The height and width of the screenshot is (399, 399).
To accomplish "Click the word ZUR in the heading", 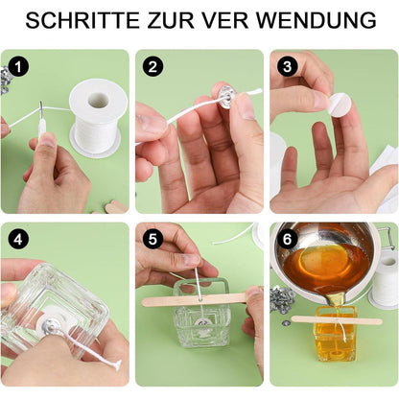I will (x=186, y=20).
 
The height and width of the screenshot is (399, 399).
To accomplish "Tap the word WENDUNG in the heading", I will (x=323, y=20).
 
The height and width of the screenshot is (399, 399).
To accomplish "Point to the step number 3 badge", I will (x=287, y=67).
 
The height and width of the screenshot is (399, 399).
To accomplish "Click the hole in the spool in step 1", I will (x=98, y=100).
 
